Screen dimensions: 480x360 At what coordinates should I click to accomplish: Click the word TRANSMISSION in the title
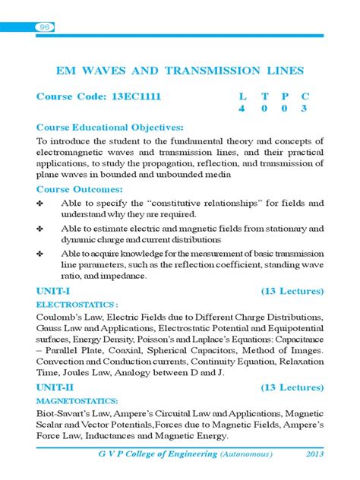click(x=216, y=71)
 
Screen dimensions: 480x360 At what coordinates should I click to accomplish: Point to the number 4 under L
click(x=242, y=109)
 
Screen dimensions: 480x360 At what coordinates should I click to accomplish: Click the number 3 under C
click(x=304, y=109)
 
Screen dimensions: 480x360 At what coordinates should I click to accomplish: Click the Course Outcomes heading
click(x=78, y=189)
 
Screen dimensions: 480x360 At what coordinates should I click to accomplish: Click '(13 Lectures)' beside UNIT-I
click(x=292, y=291)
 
